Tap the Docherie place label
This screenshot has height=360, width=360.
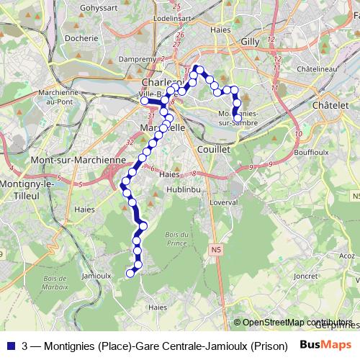(81, 38)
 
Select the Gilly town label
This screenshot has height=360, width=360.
(250, 42)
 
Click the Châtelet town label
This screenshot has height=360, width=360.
(330, 105)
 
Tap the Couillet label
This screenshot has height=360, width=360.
(213, 148)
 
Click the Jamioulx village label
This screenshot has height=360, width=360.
(96, 275)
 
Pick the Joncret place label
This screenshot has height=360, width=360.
(306, 275)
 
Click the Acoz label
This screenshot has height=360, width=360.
(347, 255)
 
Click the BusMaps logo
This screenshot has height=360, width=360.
(325, 344)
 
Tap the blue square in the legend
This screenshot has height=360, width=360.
(9, 345)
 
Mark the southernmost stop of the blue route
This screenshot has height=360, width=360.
(131, 273)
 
